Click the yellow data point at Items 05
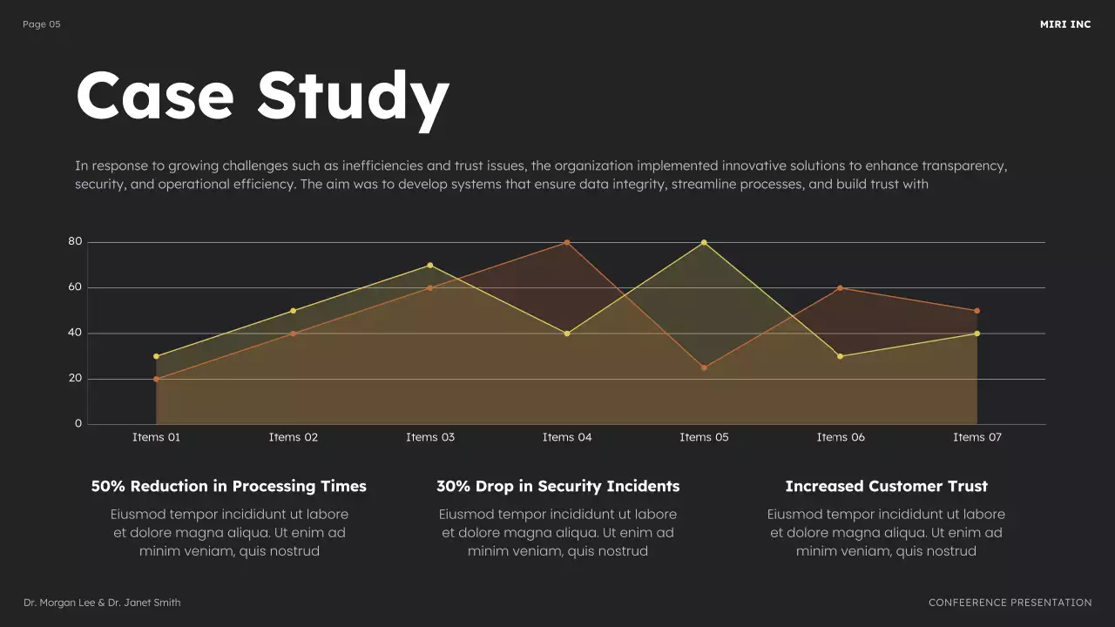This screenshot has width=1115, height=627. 704,242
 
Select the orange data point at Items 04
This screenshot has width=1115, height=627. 567,242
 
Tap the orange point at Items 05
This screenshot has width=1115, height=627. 704,367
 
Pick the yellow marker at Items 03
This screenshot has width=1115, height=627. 430,265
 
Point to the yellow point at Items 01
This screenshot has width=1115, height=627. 156,356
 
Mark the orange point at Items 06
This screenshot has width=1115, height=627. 841,287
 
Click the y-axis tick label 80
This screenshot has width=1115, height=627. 75,241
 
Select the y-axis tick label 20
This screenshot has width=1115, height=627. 75,378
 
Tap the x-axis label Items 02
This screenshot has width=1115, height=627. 294,437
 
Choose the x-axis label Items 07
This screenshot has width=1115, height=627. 977,437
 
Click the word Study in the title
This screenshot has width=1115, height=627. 353,96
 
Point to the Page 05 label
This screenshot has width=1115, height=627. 42,24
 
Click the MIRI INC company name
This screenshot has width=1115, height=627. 1064,24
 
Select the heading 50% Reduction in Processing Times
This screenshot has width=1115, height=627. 229,486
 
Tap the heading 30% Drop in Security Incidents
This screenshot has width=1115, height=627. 557,486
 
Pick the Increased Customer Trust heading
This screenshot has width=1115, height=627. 886,486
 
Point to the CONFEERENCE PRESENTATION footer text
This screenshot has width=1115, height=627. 1010,603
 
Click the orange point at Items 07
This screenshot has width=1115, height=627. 977,311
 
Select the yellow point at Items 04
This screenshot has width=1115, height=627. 567,334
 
